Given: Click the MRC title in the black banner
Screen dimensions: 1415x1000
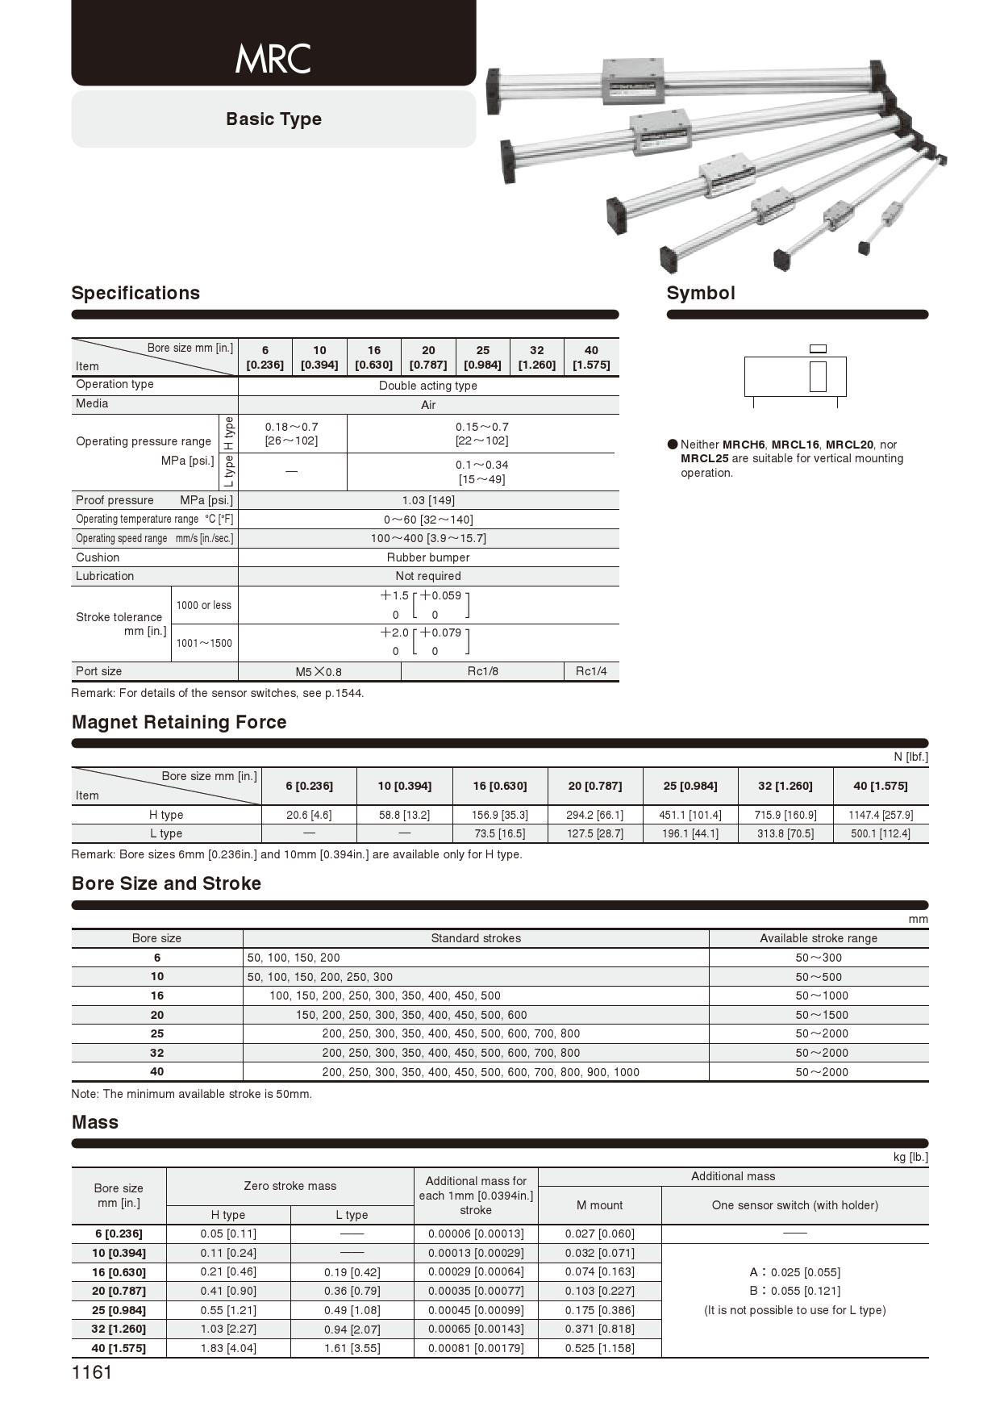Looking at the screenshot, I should (x=273, y=59).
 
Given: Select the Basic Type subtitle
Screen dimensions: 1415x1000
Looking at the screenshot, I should (x=273, y=119).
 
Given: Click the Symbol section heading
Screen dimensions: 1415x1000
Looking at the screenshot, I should (x=700, y=293).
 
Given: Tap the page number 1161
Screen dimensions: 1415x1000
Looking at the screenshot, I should (x=92, y=1372).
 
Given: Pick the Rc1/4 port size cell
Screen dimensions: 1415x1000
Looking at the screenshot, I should (x=591, y=671).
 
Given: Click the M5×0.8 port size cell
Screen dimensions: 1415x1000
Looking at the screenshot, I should (x=319, y=672).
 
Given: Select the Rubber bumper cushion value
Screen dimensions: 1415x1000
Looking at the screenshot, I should (x=427, y=557).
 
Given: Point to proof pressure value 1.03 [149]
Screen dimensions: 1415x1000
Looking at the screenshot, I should (x=427, y=500).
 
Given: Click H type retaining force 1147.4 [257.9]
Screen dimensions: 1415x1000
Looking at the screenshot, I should (x=881, y=815).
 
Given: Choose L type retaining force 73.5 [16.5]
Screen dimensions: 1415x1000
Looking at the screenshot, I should (x=499, y=833).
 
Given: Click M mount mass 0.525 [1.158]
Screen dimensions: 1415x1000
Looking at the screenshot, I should (x=599, y=1348).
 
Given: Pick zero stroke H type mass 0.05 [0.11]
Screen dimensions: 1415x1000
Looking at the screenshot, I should (x=228, y=1233).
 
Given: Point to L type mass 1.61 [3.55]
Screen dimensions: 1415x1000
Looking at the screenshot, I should (x=352, y=1348).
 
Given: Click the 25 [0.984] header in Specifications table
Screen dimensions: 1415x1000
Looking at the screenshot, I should (x=482, y=357).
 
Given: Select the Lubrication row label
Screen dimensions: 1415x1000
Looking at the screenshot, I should (x=105, y=576).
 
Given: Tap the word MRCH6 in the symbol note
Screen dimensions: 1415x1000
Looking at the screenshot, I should (x=743, y=445).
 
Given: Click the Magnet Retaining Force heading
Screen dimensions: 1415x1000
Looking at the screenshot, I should (x=179, y=722).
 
